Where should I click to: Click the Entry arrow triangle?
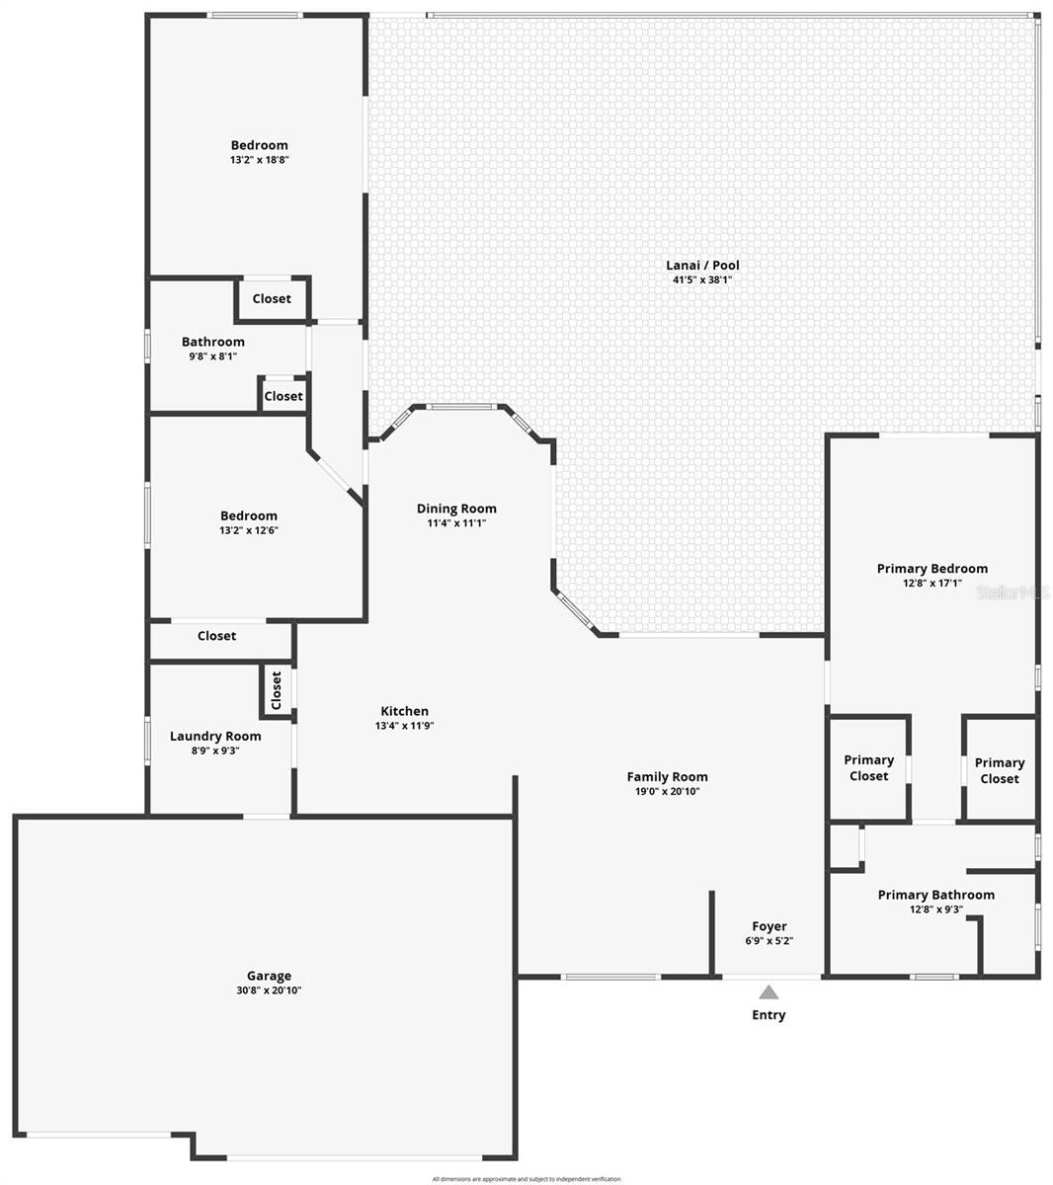(769, 992)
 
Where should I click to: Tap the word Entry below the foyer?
(769, 1015)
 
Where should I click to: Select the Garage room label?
(269, 976)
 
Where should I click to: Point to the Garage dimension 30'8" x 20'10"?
(269, 990)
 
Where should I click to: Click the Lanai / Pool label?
(702, 265)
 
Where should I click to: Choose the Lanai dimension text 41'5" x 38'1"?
(702, 279)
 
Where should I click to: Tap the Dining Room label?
(456, 509)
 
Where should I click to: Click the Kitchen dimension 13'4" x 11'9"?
(405, 726)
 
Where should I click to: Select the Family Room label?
(668, 776)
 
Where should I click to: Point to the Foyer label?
(769, 926)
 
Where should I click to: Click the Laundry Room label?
(215, 736)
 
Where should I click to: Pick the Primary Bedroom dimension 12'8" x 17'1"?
(932, 584)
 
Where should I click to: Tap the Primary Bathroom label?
(936, 895)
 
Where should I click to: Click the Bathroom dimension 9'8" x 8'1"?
(213, 356)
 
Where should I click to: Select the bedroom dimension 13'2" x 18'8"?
(260, 160)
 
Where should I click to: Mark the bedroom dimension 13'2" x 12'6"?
(249, 530)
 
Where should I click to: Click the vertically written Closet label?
(277, 690)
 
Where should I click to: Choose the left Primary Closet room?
(869, 768)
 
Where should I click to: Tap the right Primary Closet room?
(1000, 770)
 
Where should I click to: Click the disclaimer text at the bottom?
(526, 1179)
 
